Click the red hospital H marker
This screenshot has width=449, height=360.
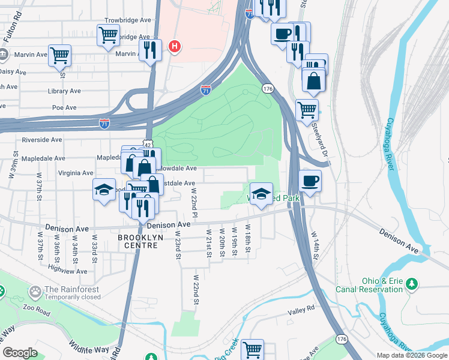pos(175,46)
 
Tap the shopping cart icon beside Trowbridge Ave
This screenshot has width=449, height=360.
pos(108,34)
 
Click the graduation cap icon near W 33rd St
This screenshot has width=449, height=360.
pos(104,190)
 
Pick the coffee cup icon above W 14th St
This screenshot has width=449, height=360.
pos(310,181)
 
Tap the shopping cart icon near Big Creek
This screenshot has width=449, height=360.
pos(252,348)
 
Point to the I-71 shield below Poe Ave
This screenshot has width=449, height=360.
pos(104,123)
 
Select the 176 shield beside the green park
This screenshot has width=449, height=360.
pos(268,89)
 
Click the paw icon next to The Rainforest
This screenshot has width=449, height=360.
pos(35,292)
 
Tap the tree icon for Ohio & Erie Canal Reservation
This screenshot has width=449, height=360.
pos(411,283)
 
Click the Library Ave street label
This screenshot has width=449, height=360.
pos(64,91)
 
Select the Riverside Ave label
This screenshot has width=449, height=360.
pos(42,140)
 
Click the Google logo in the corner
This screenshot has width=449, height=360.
pos(20,353)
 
